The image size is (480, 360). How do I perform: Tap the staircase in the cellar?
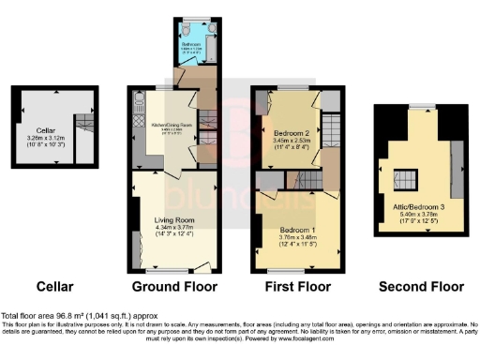(84, 124)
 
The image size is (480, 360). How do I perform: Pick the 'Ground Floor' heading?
(174, 286)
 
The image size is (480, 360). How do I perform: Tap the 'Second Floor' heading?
(421, 286)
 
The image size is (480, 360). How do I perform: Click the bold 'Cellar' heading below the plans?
(55, 286)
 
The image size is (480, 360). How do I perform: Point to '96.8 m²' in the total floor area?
(79, 315)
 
